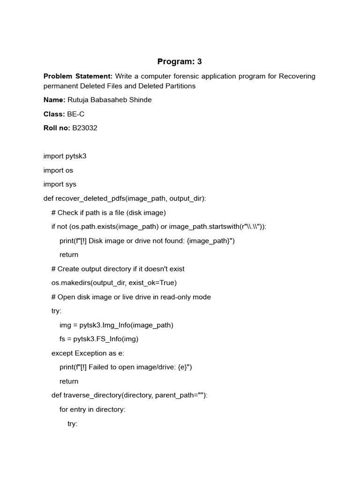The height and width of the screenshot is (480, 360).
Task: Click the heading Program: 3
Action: (180, 61)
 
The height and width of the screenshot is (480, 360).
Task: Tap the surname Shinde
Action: (140, 100)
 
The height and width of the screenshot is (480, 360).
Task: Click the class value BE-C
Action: (76, 114)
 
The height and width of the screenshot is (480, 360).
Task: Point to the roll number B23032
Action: (84, 128)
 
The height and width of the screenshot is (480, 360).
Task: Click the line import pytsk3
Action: (65, 156)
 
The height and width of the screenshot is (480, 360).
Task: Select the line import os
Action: (58, 170)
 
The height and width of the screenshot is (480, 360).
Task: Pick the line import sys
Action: (60, 184)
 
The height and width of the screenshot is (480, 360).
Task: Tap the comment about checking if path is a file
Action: (108, 212)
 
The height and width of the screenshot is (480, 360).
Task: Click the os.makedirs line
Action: (114, 283)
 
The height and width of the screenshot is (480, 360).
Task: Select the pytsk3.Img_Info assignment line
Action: (116, 325)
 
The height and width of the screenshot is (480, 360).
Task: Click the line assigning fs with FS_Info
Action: (99, 339)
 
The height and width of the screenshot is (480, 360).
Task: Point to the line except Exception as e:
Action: (88, 353)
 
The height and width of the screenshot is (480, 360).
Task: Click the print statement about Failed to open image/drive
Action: (126, 367)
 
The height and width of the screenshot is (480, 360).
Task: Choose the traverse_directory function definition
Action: (129, 395)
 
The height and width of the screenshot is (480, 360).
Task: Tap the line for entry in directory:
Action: (92, 409)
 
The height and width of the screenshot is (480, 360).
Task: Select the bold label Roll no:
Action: (57, 128)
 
